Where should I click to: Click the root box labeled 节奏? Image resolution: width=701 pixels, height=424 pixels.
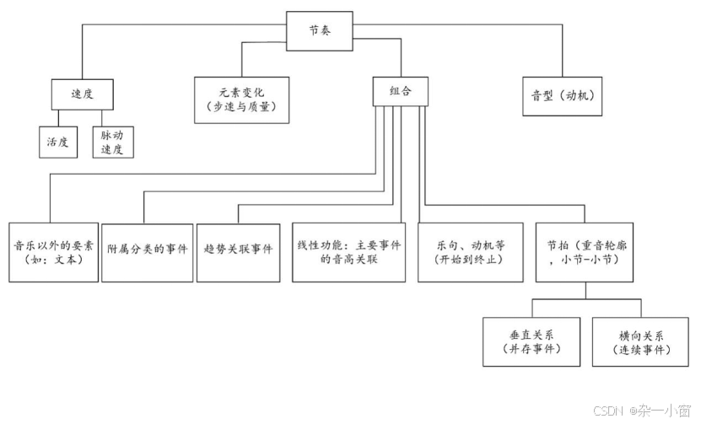pos(320,29)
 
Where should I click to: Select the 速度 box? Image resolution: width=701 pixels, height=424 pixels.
pos(81,94)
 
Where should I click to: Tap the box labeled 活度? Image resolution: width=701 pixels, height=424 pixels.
pos(57,142)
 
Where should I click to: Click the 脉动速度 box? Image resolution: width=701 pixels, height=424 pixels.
pos(113,142)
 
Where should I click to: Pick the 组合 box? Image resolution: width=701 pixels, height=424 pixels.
pos(401,91)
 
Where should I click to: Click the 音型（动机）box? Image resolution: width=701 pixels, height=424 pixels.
pos(563,95)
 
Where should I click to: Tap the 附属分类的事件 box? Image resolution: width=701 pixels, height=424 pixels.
pos(148,251)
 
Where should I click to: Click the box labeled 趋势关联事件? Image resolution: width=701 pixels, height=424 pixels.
pos(239,251)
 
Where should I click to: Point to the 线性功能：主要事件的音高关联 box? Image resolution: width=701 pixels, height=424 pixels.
pos(348,251)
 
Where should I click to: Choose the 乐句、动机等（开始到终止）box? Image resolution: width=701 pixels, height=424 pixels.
pos(470,251)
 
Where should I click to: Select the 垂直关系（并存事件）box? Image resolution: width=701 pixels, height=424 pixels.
pos(531,341)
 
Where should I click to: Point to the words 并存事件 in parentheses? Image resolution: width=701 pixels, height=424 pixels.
pos(531,349)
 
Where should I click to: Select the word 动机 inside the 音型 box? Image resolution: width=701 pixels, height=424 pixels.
pos(578,95)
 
